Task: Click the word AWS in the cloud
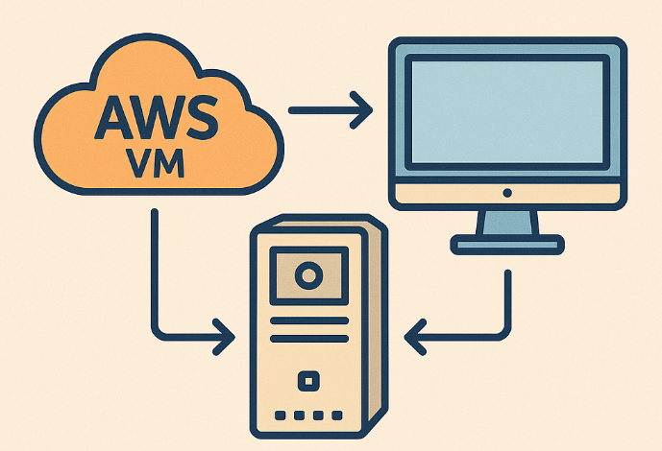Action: tap(154, 117)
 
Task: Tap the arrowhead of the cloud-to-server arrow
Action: tap(224, 337)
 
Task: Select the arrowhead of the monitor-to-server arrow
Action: tap(415, 337)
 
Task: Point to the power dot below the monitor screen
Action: tap(507, 193)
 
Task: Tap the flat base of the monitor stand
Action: tap(506, 247)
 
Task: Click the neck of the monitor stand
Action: tap(506, 224)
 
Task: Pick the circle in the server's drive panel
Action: tap(307, 277)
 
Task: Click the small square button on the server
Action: tap(307, 381)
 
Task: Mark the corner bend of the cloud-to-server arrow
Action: tap(154, 337)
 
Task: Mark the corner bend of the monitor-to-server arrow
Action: tap(506, 337)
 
